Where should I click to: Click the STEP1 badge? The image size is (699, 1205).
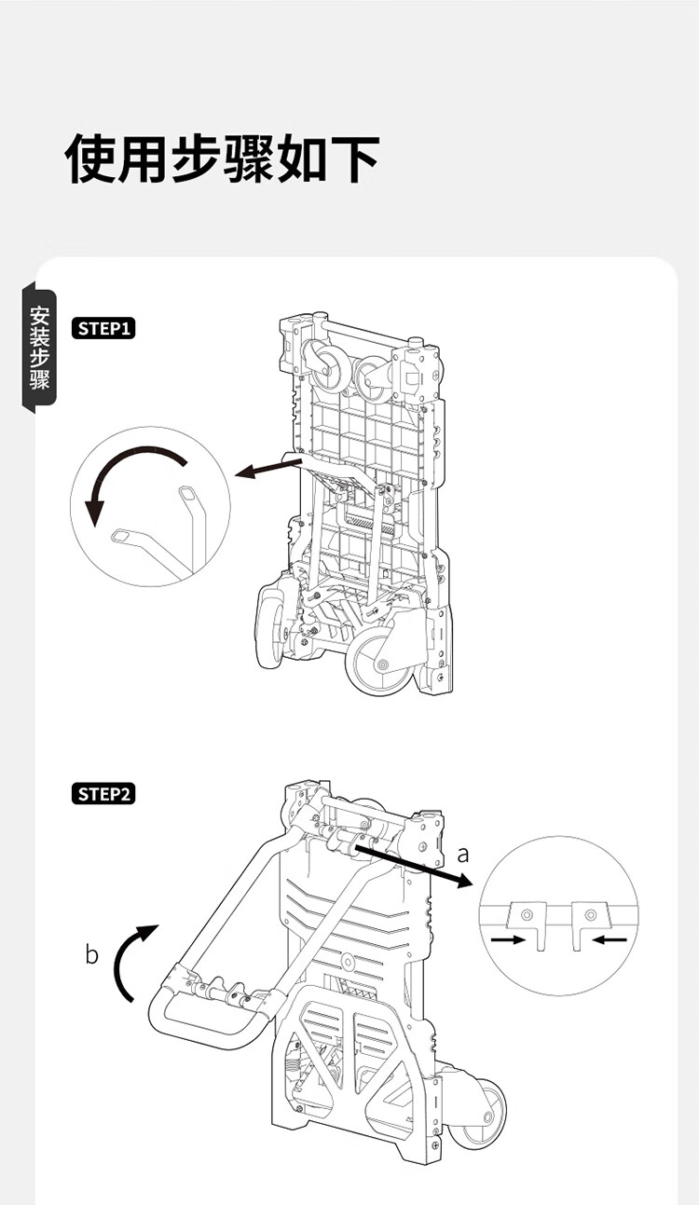coord(103,328)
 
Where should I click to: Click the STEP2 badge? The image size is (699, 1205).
coord(103,794)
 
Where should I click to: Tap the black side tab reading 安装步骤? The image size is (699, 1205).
coord(39,347)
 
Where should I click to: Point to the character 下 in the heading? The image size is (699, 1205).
coord(354,158)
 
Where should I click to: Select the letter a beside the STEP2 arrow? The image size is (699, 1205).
coord(463,854)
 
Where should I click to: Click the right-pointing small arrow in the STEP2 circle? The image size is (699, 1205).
coord(508,939)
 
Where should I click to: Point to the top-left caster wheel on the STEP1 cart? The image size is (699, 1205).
coord(324,365)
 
